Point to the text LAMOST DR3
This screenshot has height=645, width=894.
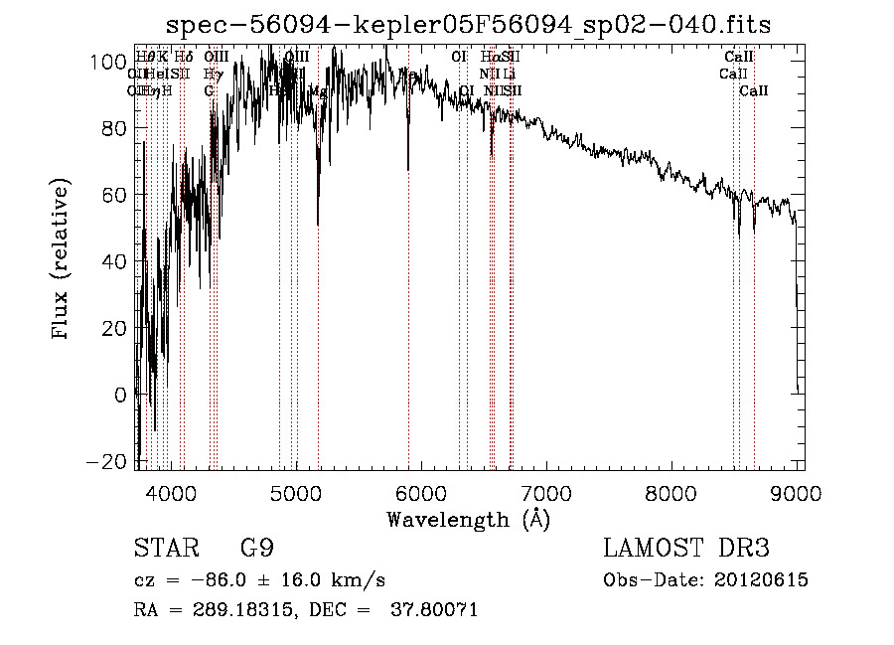pos(686,549)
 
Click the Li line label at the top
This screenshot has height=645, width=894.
pos(509,74)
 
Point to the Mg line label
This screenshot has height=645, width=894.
pos(319,90)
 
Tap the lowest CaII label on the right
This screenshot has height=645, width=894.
pos(754,90)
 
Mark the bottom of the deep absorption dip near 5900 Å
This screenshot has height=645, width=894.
pos(408,170)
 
